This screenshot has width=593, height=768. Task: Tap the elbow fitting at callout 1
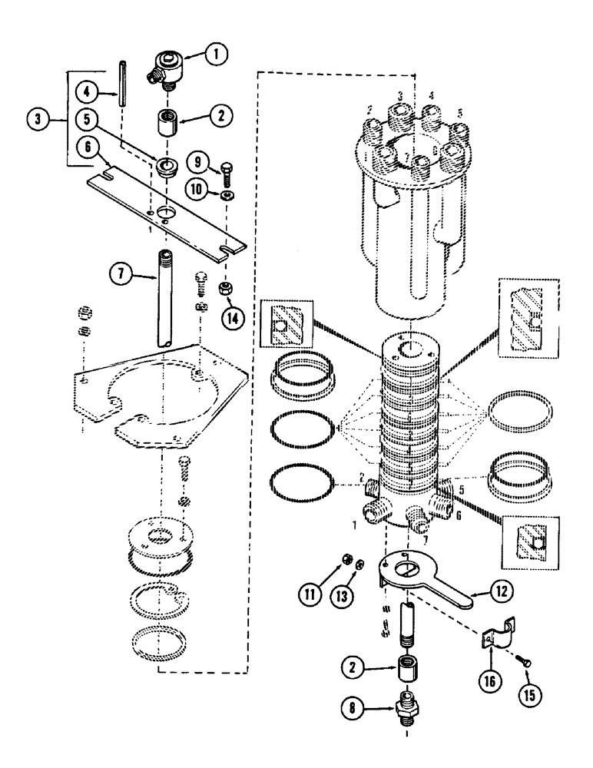(167, 63)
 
